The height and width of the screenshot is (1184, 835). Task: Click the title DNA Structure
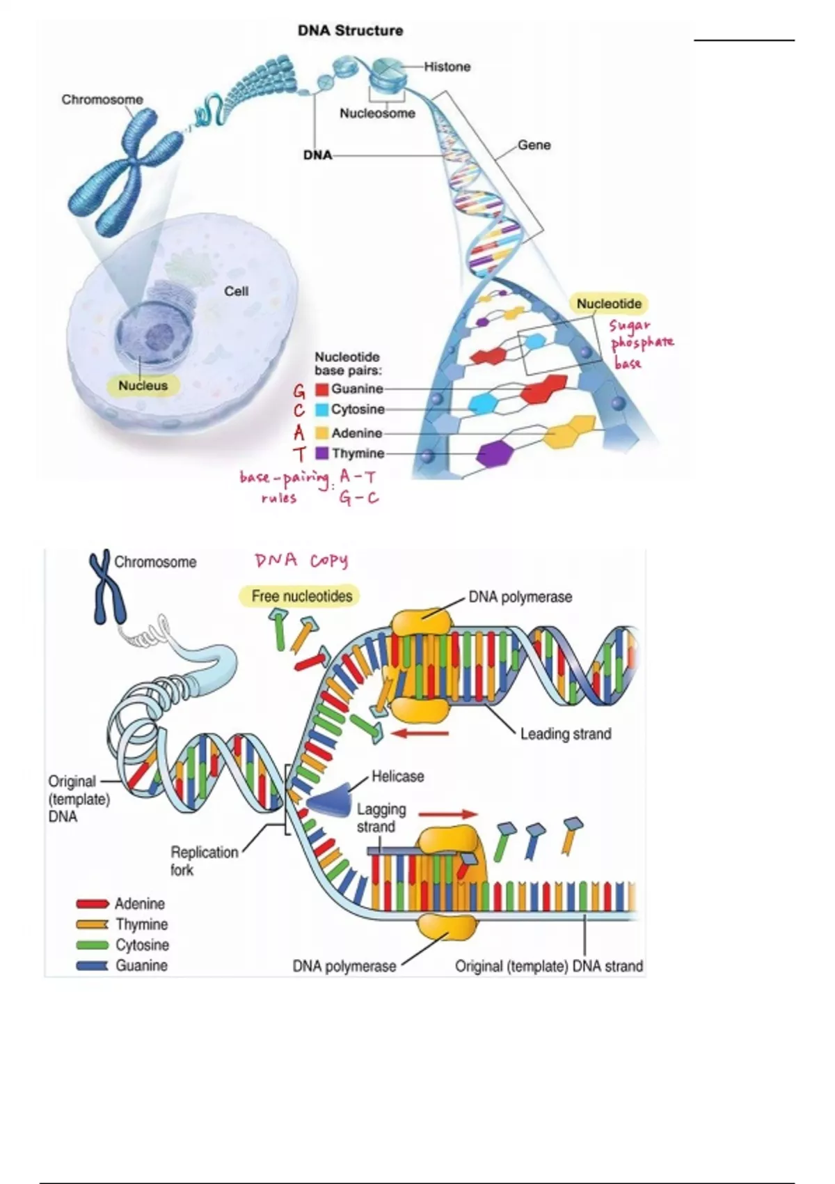pyautogui.click(x=350, y=31)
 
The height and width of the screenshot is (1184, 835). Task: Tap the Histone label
pyautogui.click(x=447, y=67)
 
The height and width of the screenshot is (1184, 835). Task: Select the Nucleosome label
pyautogui.click(x=377, y=113)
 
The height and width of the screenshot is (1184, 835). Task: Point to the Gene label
pyautogui.click(x=534, y=145)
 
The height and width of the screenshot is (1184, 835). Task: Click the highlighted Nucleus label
pyautogui.click(x=143, y=385)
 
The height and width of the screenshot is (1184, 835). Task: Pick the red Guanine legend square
pyautogui.click(x=321, y=389)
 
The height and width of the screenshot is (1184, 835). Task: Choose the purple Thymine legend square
pyautogui.click(x=321, y=453)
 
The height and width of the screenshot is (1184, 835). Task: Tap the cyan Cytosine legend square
pyautogui.click(x=321, y=410)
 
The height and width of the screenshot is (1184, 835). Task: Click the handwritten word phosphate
pyautogui.click(x=642, y=343)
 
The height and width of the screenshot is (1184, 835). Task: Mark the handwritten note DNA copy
pyautogui.click(x=301, y=561)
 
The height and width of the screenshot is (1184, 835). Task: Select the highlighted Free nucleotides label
pyautogui.click(x=301, y=596)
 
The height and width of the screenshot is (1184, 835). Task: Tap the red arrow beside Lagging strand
pyautogui.click(x=448, y=813)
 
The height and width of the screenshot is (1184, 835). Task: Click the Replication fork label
pyautogui.click(x=204, y=861)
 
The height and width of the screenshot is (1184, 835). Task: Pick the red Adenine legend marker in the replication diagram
pyautogui.click(x=92, y=904)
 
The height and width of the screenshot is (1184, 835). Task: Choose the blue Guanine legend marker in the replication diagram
pyautogui.click(x=92, y=966)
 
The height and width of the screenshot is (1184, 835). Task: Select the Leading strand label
pyautogui.click(x=566, y=733)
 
